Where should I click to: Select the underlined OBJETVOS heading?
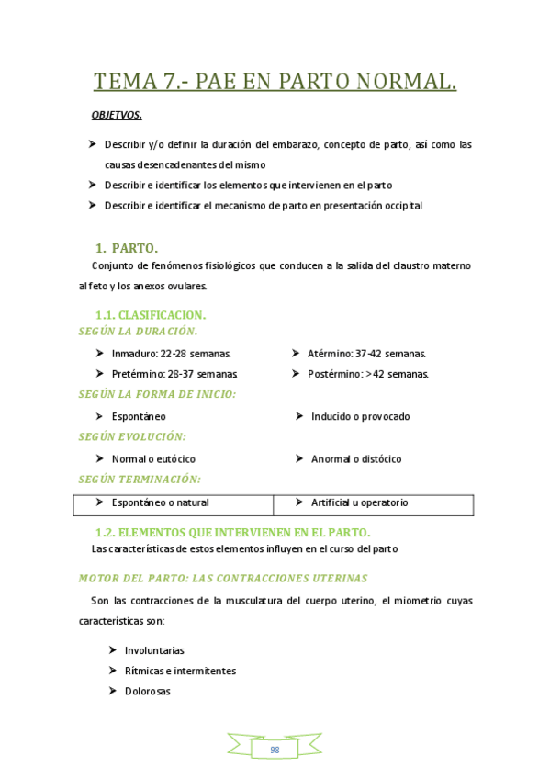click(117, 115)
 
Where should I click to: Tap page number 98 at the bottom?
click(275, 750)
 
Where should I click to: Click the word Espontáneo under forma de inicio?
click(139, 416)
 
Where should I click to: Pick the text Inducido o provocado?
click(360, 416)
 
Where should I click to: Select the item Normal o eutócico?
click(153, 458)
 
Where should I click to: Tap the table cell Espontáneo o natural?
click(160, 502)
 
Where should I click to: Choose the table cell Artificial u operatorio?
click(359, 502)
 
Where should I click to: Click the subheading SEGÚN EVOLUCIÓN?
click(132, 437)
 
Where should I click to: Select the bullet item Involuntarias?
click(154, 650)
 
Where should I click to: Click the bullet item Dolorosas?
click(147, 692)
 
